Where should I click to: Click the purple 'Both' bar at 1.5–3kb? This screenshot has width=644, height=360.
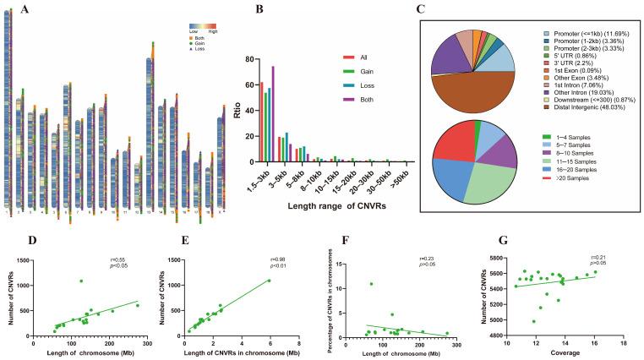pyautogui.click(x=273, y=114)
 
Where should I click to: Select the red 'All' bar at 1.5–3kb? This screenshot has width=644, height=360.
pyautogui.click(x=262, y=122)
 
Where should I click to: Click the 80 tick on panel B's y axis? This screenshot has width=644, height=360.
pyautogui.click(x=251, y=60)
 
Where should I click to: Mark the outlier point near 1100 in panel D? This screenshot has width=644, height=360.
pyautogui.click(x=105, y=281)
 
